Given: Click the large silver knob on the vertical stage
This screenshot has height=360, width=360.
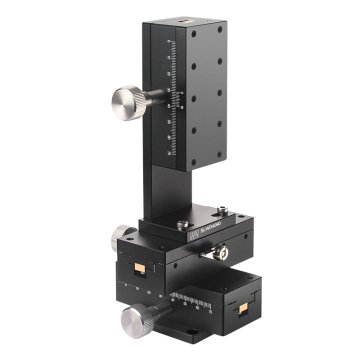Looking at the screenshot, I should pyautogui.click(x=127, y=101).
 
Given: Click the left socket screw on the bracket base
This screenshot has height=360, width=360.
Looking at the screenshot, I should pyautogui.click(x=182, y=225).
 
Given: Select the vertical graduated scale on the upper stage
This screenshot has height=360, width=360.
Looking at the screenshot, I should pyautogui.click(x=177, y=96).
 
